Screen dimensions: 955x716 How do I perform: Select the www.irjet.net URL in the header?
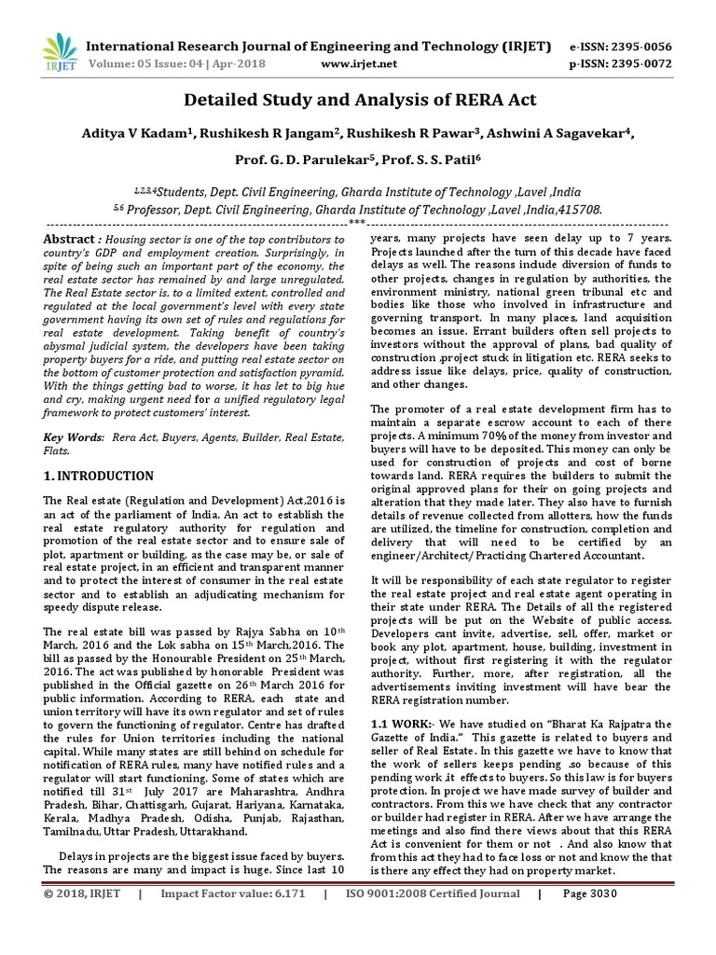359,64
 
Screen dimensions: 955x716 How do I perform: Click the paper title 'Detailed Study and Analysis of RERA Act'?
358,100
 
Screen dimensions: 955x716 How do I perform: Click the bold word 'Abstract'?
70,240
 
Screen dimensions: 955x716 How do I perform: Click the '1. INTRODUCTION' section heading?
100,476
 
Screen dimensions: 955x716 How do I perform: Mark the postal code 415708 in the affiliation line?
576,212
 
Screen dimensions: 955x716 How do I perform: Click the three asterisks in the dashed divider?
357,224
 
